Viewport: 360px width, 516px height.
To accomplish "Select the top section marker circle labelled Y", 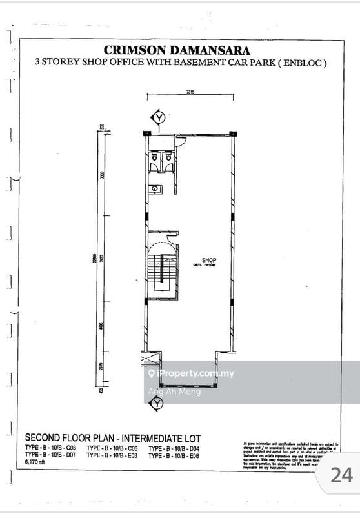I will click(x=158, y=117).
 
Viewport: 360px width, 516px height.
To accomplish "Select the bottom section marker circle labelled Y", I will click(x=155, y=404).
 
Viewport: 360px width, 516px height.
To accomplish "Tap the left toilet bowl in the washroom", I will click(x=155, y=157).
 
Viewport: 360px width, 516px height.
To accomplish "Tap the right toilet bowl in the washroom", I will click(x=168, y=157).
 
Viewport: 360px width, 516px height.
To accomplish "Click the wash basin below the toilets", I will click(x=155, y=189).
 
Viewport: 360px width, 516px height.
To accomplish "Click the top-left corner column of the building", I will click(x=147, y=133).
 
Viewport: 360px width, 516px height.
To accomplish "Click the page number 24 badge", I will click(x=341, y=475).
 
